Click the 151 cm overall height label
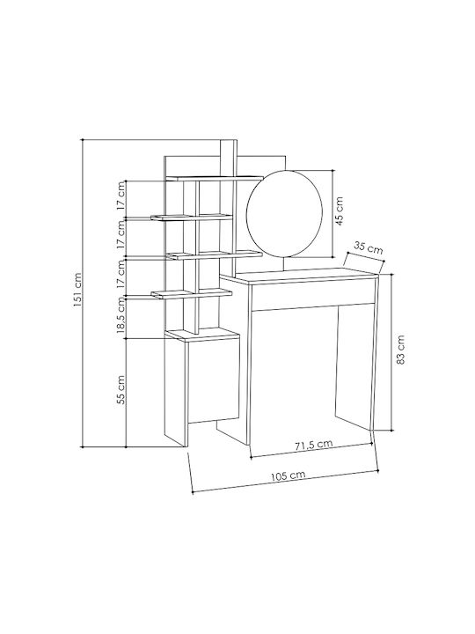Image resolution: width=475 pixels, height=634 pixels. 77,291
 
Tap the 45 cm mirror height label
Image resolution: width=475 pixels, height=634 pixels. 339,210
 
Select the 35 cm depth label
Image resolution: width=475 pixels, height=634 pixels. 368,247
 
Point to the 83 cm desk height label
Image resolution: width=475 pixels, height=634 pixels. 400,350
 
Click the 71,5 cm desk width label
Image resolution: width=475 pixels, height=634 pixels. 313,445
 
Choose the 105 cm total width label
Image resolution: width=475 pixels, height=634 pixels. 288,475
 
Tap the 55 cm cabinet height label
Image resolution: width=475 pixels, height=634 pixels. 121,390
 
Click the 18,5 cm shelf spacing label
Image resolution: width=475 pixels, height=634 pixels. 121,314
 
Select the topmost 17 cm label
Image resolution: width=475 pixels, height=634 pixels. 121,195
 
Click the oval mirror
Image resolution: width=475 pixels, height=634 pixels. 284,214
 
